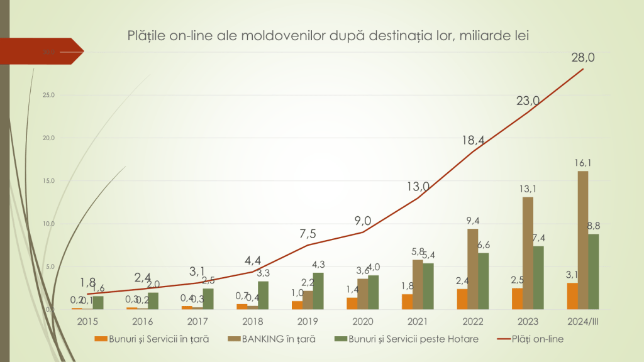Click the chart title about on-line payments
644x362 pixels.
(327, 35)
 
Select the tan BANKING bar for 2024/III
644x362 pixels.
(583, 240)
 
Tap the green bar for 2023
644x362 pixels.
(538, 277)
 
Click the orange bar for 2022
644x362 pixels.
(462, 299)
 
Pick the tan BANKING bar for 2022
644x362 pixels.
(472, 269)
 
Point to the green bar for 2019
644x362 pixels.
(318, 291)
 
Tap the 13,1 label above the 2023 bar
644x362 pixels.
(528, 188)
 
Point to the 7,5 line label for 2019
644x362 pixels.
(308, 233)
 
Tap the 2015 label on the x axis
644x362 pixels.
(87, 321)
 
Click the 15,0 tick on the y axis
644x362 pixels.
(48, 181)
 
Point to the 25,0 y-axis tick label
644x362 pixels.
(48, 95)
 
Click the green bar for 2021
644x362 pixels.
(428, 286)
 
